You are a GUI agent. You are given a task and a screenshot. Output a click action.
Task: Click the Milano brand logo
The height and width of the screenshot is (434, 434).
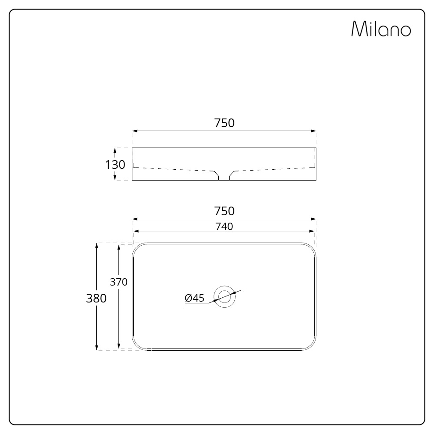pos(381,29)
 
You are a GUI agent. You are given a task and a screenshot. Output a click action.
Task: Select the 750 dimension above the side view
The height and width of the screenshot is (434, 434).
pos(224,123)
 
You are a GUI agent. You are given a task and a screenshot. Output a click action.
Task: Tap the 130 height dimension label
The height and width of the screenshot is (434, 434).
pos(115,164)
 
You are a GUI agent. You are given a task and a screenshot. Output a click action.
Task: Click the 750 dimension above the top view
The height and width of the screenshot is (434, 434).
pos(224,211)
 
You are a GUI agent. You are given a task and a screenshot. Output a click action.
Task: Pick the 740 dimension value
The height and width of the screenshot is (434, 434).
pos(224,226)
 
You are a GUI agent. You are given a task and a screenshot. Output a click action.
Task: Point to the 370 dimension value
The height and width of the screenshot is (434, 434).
pos(118,282)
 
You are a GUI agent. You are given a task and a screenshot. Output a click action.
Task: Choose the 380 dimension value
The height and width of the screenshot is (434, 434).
pos(96,298)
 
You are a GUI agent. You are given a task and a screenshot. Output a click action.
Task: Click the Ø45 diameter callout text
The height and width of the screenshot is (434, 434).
pos(194,298)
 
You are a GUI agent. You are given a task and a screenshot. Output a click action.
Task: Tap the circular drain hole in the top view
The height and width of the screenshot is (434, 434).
pos(225,297)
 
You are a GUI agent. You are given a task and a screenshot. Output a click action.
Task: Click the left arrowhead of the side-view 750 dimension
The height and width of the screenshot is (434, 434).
pos(135,131)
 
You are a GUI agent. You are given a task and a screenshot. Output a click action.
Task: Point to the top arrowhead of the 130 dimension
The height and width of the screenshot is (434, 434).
pos(115,150)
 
